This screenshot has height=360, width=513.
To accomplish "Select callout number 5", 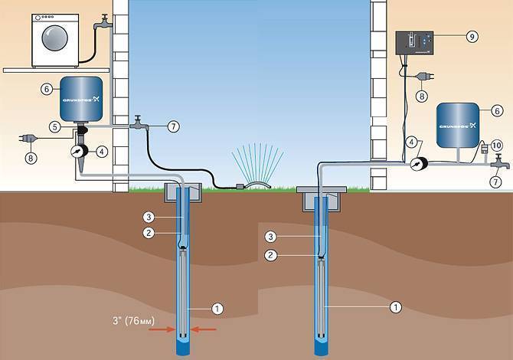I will (x=56, y=125).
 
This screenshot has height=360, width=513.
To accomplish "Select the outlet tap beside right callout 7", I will (x=495, y=162).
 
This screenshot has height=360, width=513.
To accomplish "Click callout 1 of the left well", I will (x=217, y=309).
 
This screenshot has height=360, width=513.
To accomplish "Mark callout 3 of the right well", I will (x=270, y=236).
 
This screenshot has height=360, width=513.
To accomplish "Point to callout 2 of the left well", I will (x=152, y=231).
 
